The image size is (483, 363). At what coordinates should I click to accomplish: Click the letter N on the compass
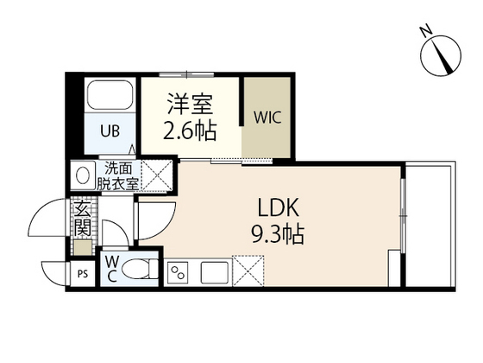coord(426,31)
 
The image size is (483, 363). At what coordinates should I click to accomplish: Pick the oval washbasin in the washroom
coord(84,176)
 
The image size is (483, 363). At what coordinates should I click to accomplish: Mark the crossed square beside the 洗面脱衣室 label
coord(158,176)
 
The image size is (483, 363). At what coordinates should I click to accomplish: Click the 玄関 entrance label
coord(83,219)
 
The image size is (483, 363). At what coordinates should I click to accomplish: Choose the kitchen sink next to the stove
coord(212,273)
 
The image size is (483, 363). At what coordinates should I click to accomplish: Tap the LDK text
coord(279,208)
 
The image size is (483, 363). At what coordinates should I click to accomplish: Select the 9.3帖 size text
coord(279,234)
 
